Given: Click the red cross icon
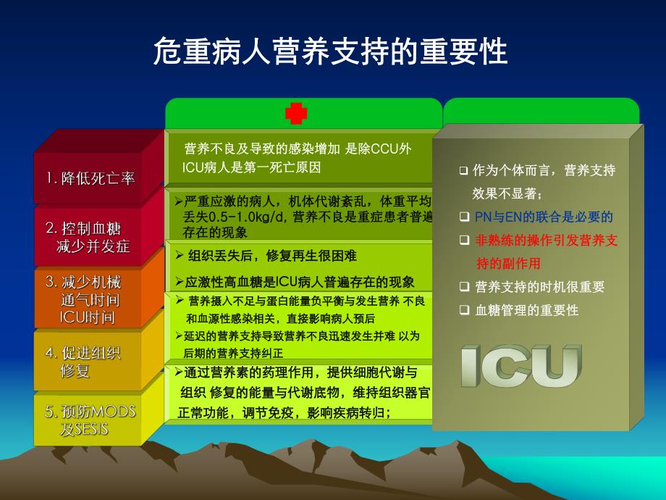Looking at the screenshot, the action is pyautogui.click(x=296, y=114).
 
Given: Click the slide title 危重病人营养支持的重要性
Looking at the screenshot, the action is pyautogui.click(x=330, y=51).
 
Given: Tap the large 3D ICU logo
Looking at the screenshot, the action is pyautogui.click(x=521, y=366).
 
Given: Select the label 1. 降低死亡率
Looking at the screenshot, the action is pyautogui.click(x=90, y=178).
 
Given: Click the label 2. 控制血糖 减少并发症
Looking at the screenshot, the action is pyautogui.click(x=88, y=237).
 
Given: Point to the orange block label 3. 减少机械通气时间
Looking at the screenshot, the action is pyautogui.click(x=84, y=299).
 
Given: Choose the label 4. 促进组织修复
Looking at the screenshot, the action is pyautogui.click(x=83, y=362).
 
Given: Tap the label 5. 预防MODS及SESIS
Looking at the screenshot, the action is pyautogui.click(x=90, y=420).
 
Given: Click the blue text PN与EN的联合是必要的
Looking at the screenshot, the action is pyautogui.click(x=544, y=217).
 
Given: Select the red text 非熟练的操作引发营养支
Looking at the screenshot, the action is pyautogui.click(x=547, y=241).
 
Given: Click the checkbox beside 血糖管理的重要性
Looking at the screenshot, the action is pyautogui.click(x=464, y=310).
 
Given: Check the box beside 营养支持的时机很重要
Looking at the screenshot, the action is pyautogui.click(x=464, y=286).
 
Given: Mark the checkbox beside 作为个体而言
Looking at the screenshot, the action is pyautogui.click(x=463, y=171).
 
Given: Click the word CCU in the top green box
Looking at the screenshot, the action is pyautogui.click(x=385, y=149).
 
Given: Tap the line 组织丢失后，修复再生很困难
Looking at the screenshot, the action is pyautogui.click(x=272, y=256).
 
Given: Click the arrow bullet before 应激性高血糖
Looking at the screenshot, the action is pyautogui.click(x=180, y=281).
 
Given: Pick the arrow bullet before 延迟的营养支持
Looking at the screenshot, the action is pyautogui.click(x=180, y=336).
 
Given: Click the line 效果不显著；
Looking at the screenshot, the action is pyautogui.click(x=507, y=194).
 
